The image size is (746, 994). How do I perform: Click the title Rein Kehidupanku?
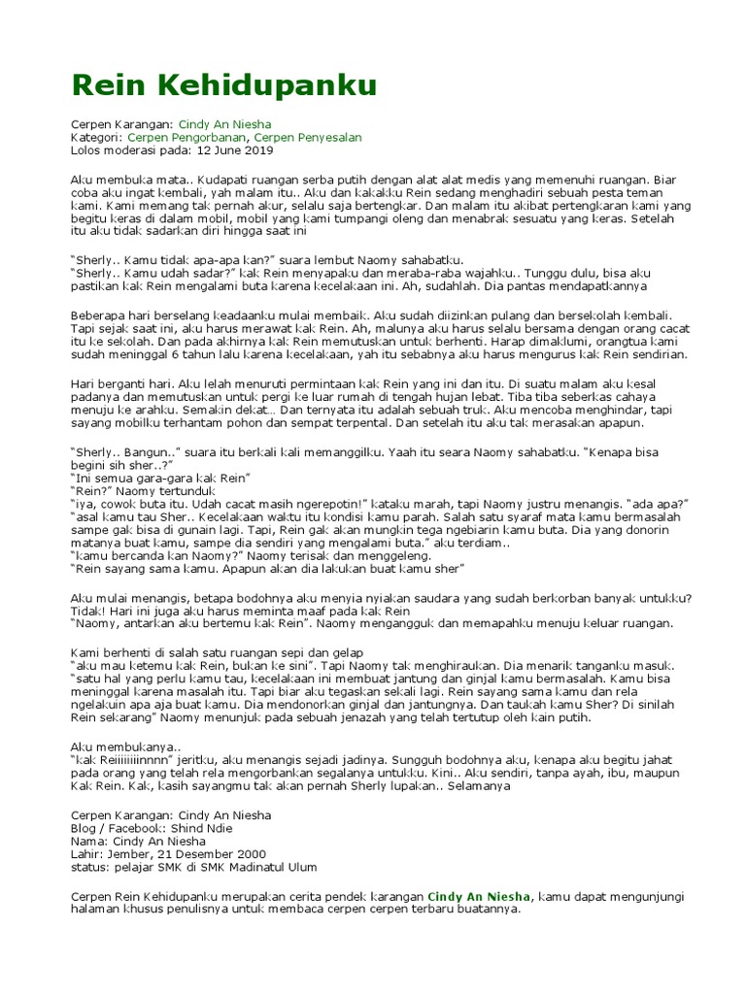223,86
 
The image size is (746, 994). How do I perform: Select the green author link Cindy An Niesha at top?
225,125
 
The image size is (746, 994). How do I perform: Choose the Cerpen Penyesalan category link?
315,138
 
